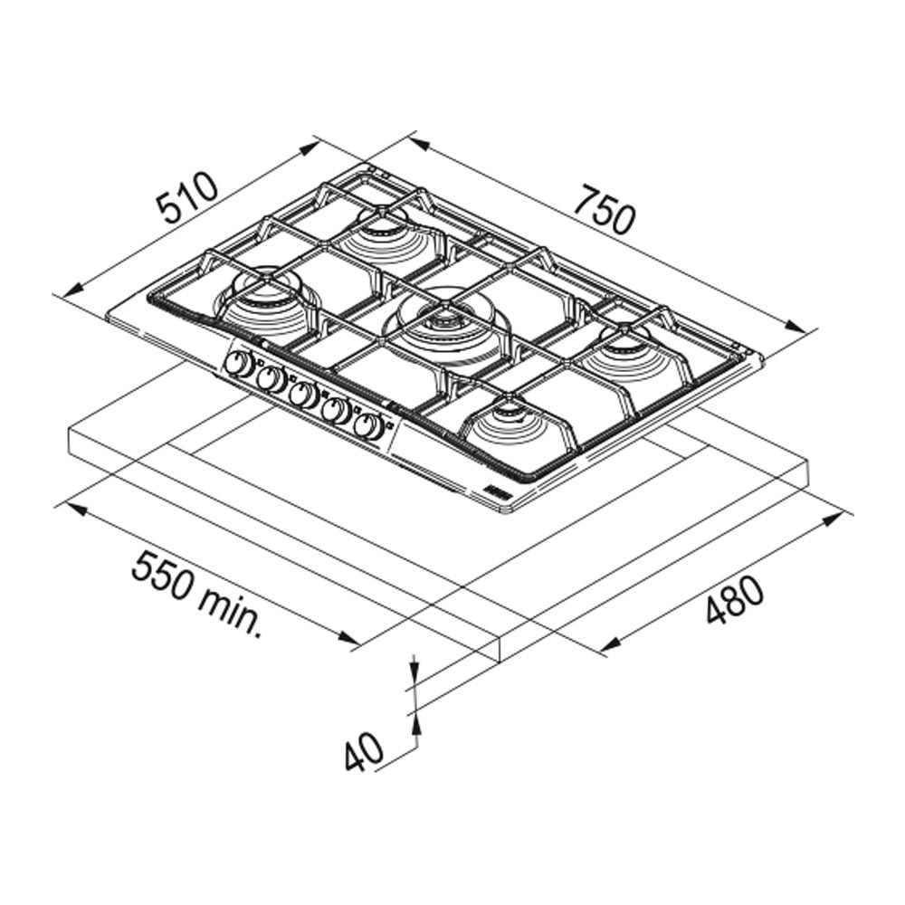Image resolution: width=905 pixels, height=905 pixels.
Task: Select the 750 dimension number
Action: [x=605, y=210]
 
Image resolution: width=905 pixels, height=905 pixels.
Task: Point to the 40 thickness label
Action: [x=364, y=751]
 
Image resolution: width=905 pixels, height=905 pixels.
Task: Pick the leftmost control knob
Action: [x=238, y=364]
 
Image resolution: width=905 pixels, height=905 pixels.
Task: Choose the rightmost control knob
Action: [x=369, y=428]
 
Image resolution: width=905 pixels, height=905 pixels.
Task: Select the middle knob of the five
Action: [x=303, y=395]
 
